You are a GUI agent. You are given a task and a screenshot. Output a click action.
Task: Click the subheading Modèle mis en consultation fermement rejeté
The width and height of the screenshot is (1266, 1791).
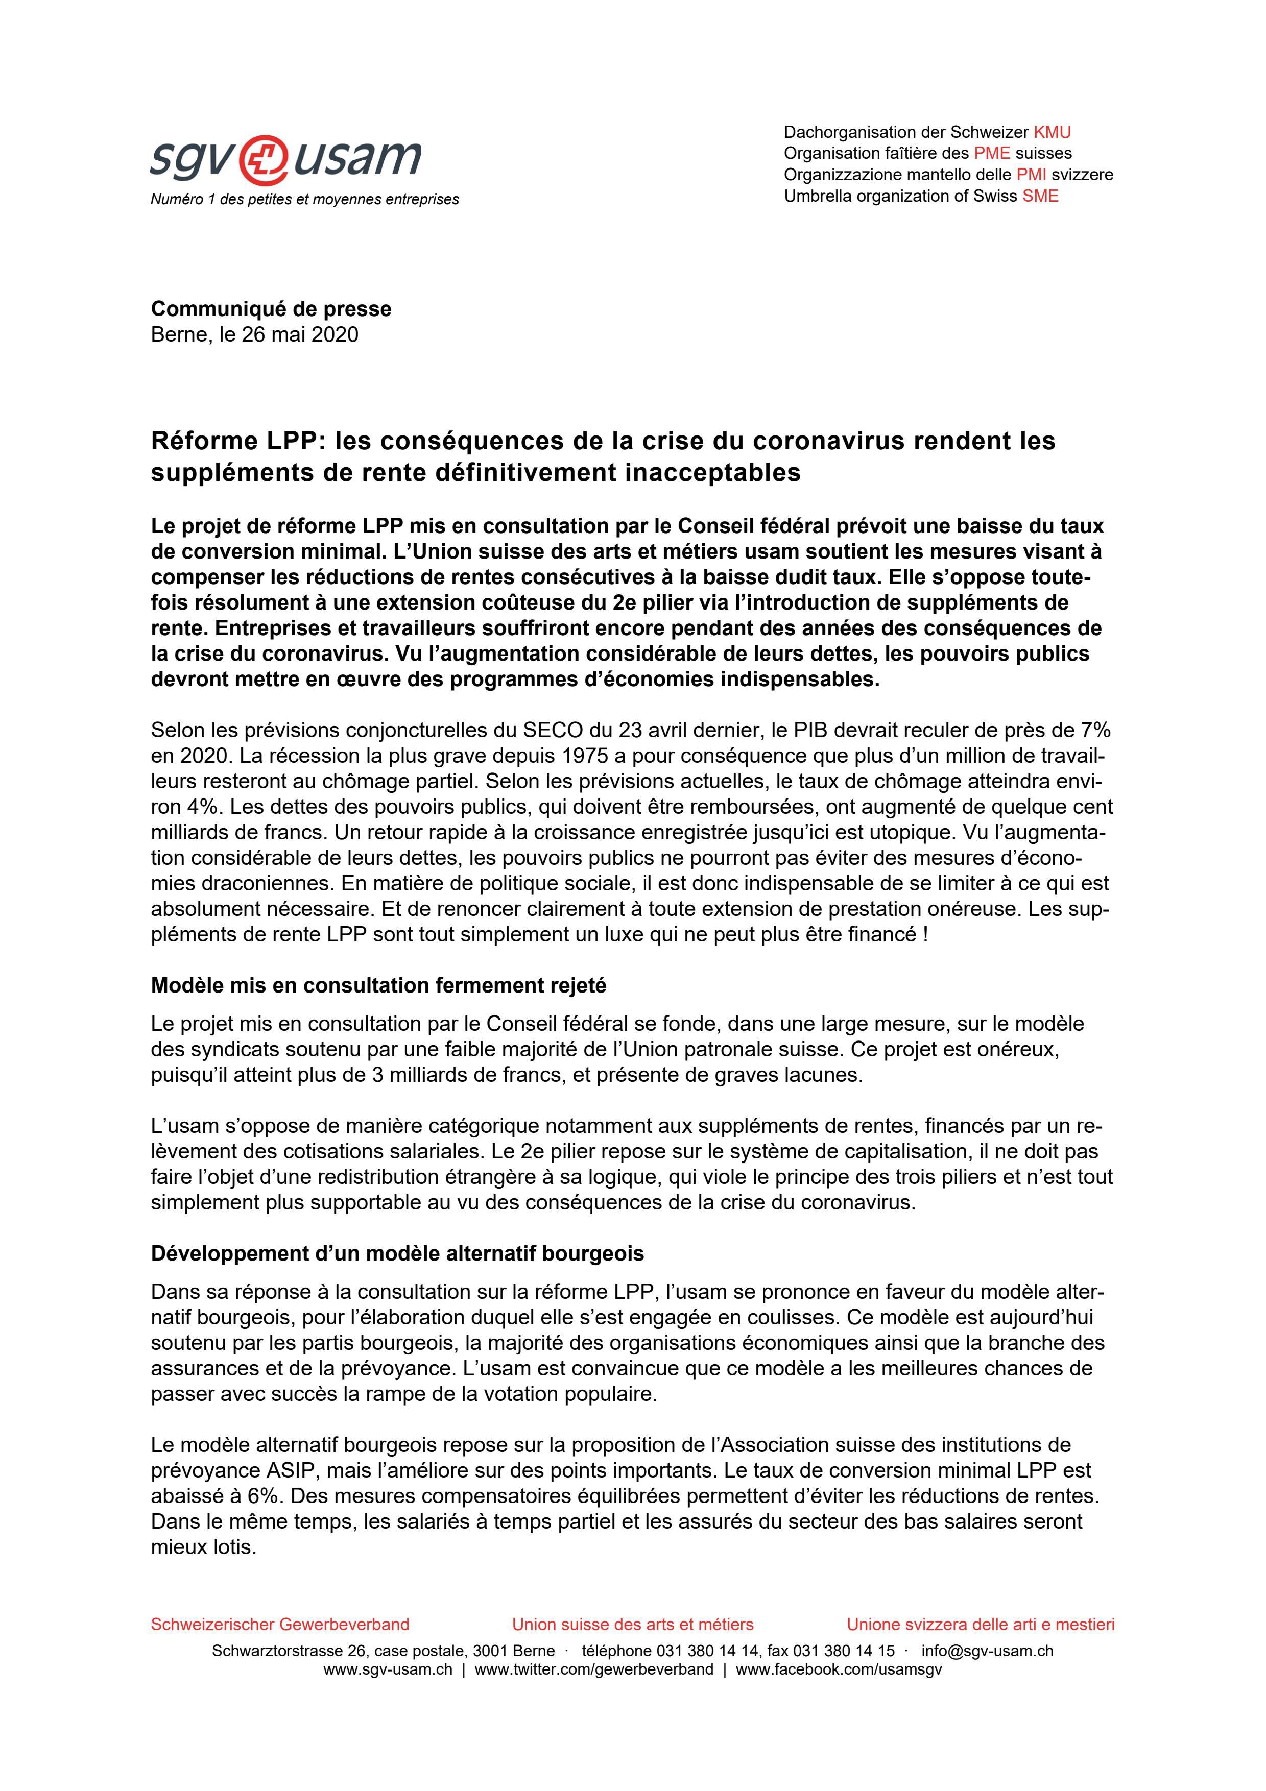(x=378, y=985)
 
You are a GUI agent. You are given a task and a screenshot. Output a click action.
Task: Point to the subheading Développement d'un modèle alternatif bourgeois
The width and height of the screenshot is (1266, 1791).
(x=397, y=1253)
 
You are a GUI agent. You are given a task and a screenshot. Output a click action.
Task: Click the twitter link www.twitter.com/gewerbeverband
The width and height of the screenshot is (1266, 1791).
(x=593, y=1669)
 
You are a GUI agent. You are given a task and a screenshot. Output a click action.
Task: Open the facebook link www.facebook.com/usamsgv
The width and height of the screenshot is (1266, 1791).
(x=839, y=1669)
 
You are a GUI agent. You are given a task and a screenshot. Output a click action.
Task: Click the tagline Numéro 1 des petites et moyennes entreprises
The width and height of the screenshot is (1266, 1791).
(x=304, y=200)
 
